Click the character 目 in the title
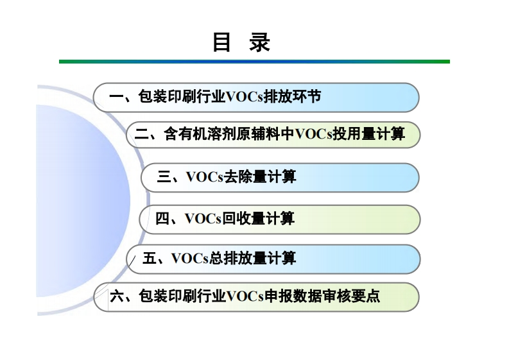click(x=221, y=42)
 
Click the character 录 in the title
click(x=260, y=42)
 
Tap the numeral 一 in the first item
click(x=116, y=98)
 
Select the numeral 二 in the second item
click(x=142, y=135)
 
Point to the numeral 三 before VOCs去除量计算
click(x=164, y=177)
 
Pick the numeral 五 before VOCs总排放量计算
click(x=150, y=259)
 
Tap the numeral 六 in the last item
click(x=117, y=296)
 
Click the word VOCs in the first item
click(x=244, y=98)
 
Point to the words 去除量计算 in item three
click(x=260, y=177)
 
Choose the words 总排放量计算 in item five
click(x=253, y=259)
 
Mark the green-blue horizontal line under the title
click(x=254, y=62)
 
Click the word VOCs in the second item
click(x=313, y=135)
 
